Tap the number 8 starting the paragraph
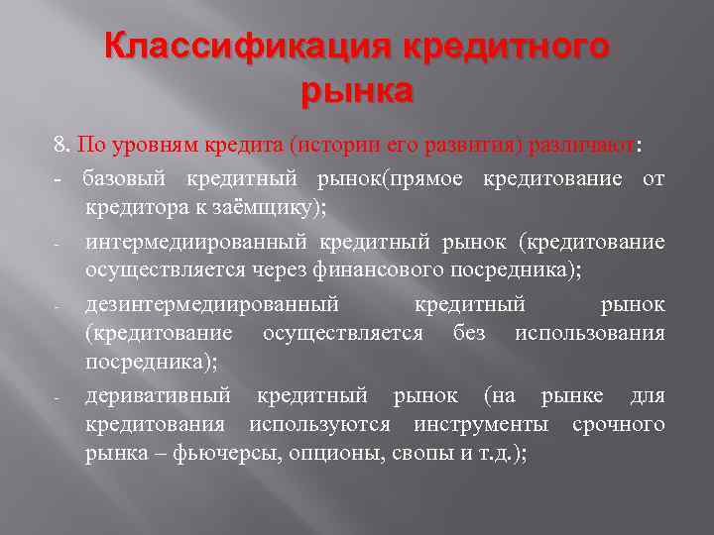[59, 146]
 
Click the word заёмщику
[289, 208]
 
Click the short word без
[469, 334]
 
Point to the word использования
[590, 334]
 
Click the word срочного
[619, 425]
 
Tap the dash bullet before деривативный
[59, 398]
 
